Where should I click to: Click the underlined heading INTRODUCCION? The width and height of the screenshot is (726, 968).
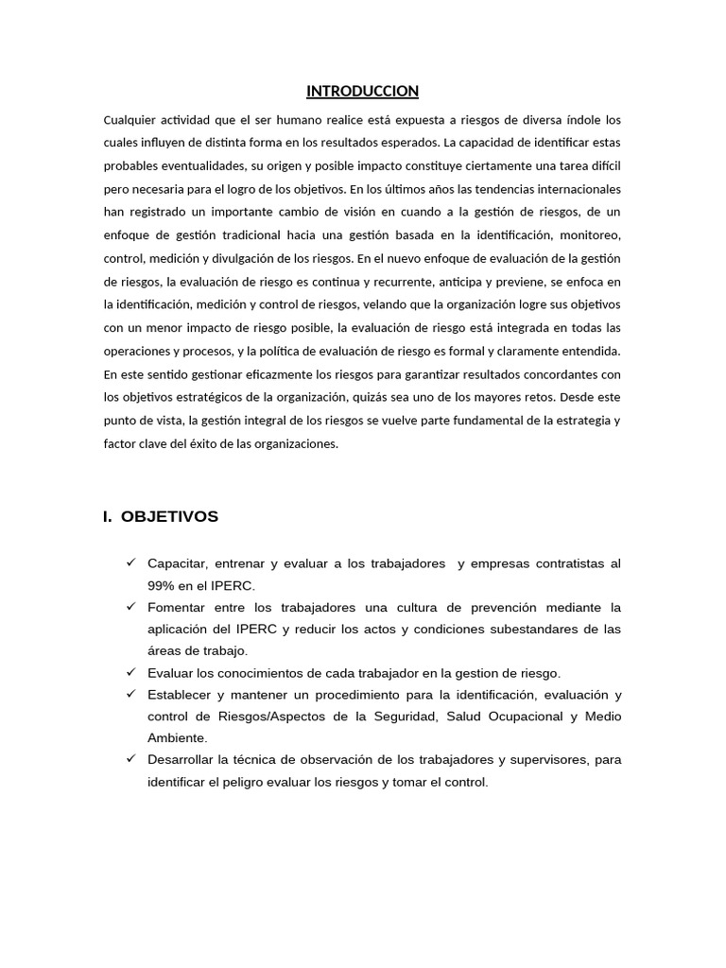(x=362, y=91)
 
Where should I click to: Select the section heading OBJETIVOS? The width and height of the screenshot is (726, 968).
(x=170, y=516)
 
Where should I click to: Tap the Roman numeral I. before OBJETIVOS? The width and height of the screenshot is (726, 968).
(x=108, y=516)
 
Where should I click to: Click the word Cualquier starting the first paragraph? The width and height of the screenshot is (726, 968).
(x=130, y=120)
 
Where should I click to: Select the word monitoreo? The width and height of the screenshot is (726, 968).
(x=590, y=235)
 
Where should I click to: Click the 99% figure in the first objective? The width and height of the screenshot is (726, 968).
(x=162, y=585)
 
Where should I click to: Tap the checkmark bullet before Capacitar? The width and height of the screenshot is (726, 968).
(x=130, y=563)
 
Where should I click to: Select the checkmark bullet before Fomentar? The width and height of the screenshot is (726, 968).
(x=130, y=607)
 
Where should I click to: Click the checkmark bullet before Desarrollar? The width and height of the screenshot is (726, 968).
(x=130, y=759)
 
